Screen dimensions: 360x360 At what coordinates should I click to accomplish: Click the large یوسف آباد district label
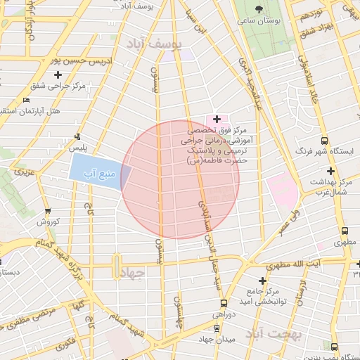point(153,44)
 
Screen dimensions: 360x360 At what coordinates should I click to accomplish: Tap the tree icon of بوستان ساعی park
point(261,9)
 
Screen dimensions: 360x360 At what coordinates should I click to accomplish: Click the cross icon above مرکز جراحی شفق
point(58,75)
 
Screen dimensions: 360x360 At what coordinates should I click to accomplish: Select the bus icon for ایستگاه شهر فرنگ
point(324,139)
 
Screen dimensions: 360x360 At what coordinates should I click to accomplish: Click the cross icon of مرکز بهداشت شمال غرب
point(330,171)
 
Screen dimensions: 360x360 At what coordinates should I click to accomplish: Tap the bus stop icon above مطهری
point(345,231)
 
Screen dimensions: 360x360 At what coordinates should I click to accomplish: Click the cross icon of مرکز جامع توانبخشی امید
point(262,281)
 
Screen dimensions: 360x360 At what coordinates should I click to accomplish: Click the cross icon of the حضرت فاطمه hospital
point(217,119)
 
